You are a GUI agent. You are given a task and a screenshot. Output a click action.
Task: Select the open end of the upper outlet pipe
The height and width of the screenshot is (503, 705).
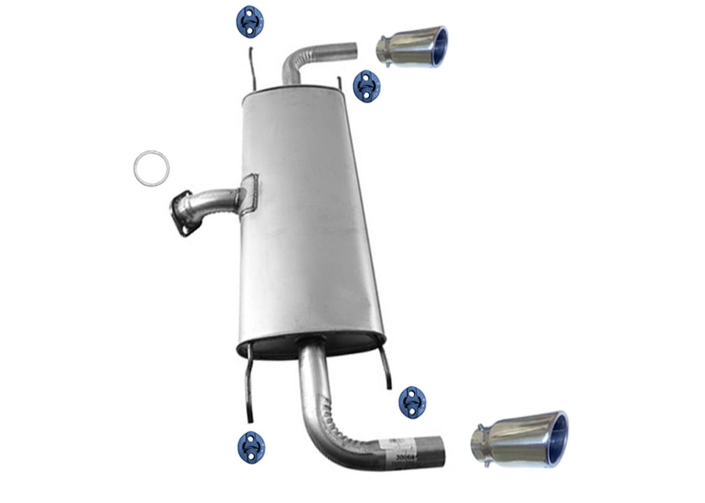coord(355,50)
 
